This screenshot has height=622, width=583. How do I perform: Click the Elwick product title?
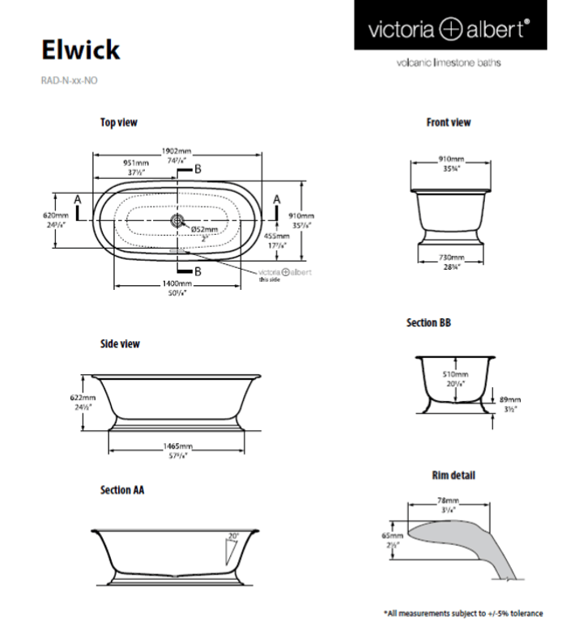point(81,49)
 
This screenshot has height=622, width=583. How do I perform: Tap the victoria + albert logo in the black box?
point(449,30)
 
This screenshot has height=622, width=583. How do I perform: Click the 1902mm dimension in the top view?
point(177,151)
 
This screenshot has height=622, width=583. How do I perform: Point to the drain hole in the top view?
point(177,219)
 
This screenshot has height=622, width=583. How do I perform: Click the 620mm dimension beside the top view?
point(56,215)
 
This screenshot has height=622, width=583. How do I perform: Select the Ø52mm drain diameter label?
point(205,229)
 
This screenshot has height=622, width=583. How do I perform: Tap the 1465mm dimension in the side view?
point(177,446)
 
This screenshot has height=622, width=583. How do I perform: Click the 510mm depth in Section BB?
point(456,375)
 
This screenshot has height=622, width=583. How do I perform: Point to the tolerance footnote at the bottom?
point(462,612)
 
